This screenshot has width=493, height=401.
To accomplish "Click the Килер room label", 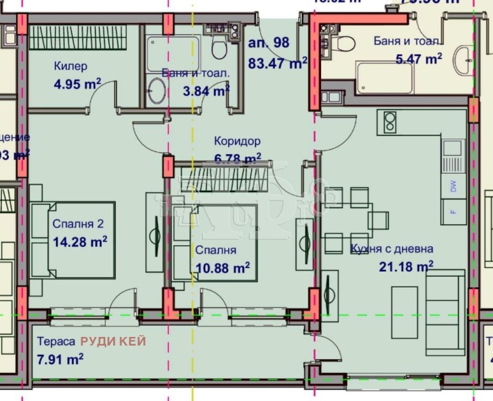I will point(70,66).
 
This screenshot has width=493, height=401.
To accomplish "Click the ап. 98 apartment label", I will point(267,43).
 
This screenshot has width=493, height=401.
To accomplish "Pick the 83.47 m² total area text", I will point(277,62).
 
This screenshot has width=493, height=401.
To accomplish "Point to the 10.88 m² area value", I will point(222,267).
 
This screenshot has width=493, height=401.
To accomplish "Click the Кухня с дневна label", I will point(391,249).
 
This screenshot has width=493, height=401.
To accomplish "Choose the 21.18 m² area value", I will point(406,266).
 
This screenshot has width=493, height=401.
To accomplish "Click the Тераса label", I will point(56,341).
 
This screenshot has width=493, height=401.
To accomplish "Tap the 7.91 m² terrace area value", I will point(60,358).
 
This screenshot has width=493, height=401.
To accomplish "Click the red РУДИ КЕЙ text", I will point(113,341).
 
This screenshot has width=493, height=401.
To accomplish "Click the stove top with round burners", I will point(389,122).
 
